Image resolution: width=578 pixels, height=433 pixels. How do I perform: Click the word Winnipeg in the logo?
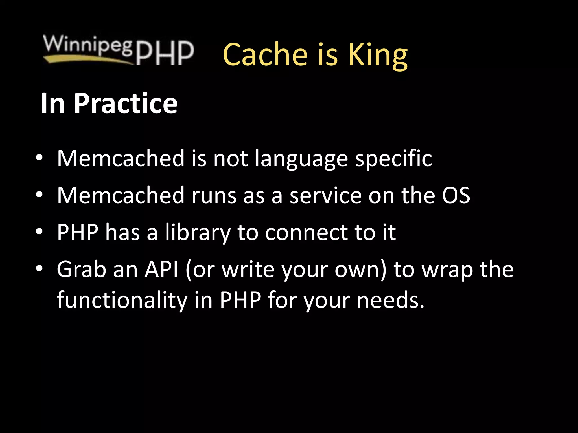pyautogui.click(x=87, y=45)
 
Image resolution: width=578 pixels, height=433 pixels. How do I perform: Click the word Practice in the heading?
pyautogui.click(x=126, y=104)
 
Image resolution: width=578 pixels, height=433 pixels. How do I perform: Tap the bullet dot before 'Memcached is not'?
pyautogui.click(x=39, y=158)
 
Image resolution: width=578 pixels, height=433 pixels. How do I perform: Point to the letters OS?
pyautogui.click(x=456, y=195)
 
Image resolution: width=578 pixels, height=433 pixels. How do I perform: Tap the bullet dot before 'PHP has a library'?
pyautogui.click(x=39, y=232)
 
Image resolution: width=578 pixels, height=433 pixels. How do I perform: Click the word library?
pyautogui.click(x=198, y=233)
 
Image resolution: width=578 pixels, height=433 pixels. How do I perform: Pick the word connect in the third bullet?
pyautogui.click(x=306, y=233)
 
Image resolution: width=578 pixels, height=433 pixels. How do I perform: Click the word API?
pyautogui.click(x=161, y=269)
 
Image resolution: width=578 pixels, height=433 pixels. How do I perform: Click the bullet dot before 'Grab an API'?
pyautogui.click(x=39, y=269)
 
